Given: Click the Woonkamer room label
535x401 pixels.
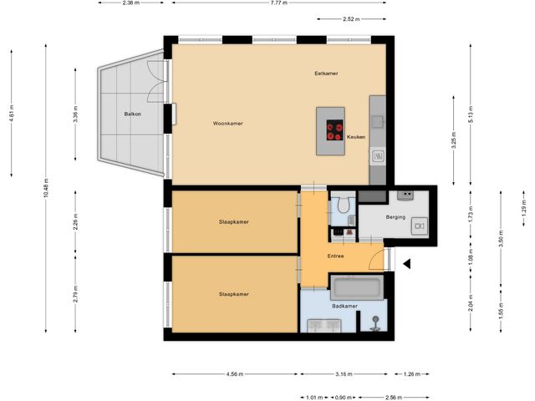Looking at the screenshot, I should point(227,124).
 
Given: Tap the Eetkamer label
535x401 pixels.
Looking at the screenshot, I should point(325,74).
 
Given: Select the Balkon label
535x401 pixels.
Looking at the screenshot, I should point(132,113).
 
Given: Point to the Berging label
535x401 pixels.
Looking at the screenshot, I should point(395,217).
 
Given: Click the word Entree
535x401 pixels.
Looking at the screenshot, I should point(336,256).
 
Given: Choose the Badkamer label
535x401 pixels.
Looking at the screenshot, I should point(344,307).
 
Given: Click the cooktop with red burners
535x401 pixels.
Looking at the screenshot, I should point(335,130).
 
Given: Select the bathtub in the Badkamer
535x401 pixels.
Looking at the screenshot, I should point(356,289).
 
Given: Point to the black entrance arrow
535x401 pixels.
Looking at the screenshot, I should point(408,264).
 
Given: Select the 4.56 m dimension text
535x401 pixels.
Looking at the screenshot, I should point(234,375).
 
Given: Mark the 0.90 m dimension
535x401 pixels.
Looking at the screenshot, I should point(344,398).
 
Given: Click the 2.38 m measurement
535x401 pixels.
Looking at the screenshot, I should point(130,3).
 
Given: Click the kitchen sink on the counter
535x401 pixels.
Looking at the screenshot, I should point(378,155).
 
